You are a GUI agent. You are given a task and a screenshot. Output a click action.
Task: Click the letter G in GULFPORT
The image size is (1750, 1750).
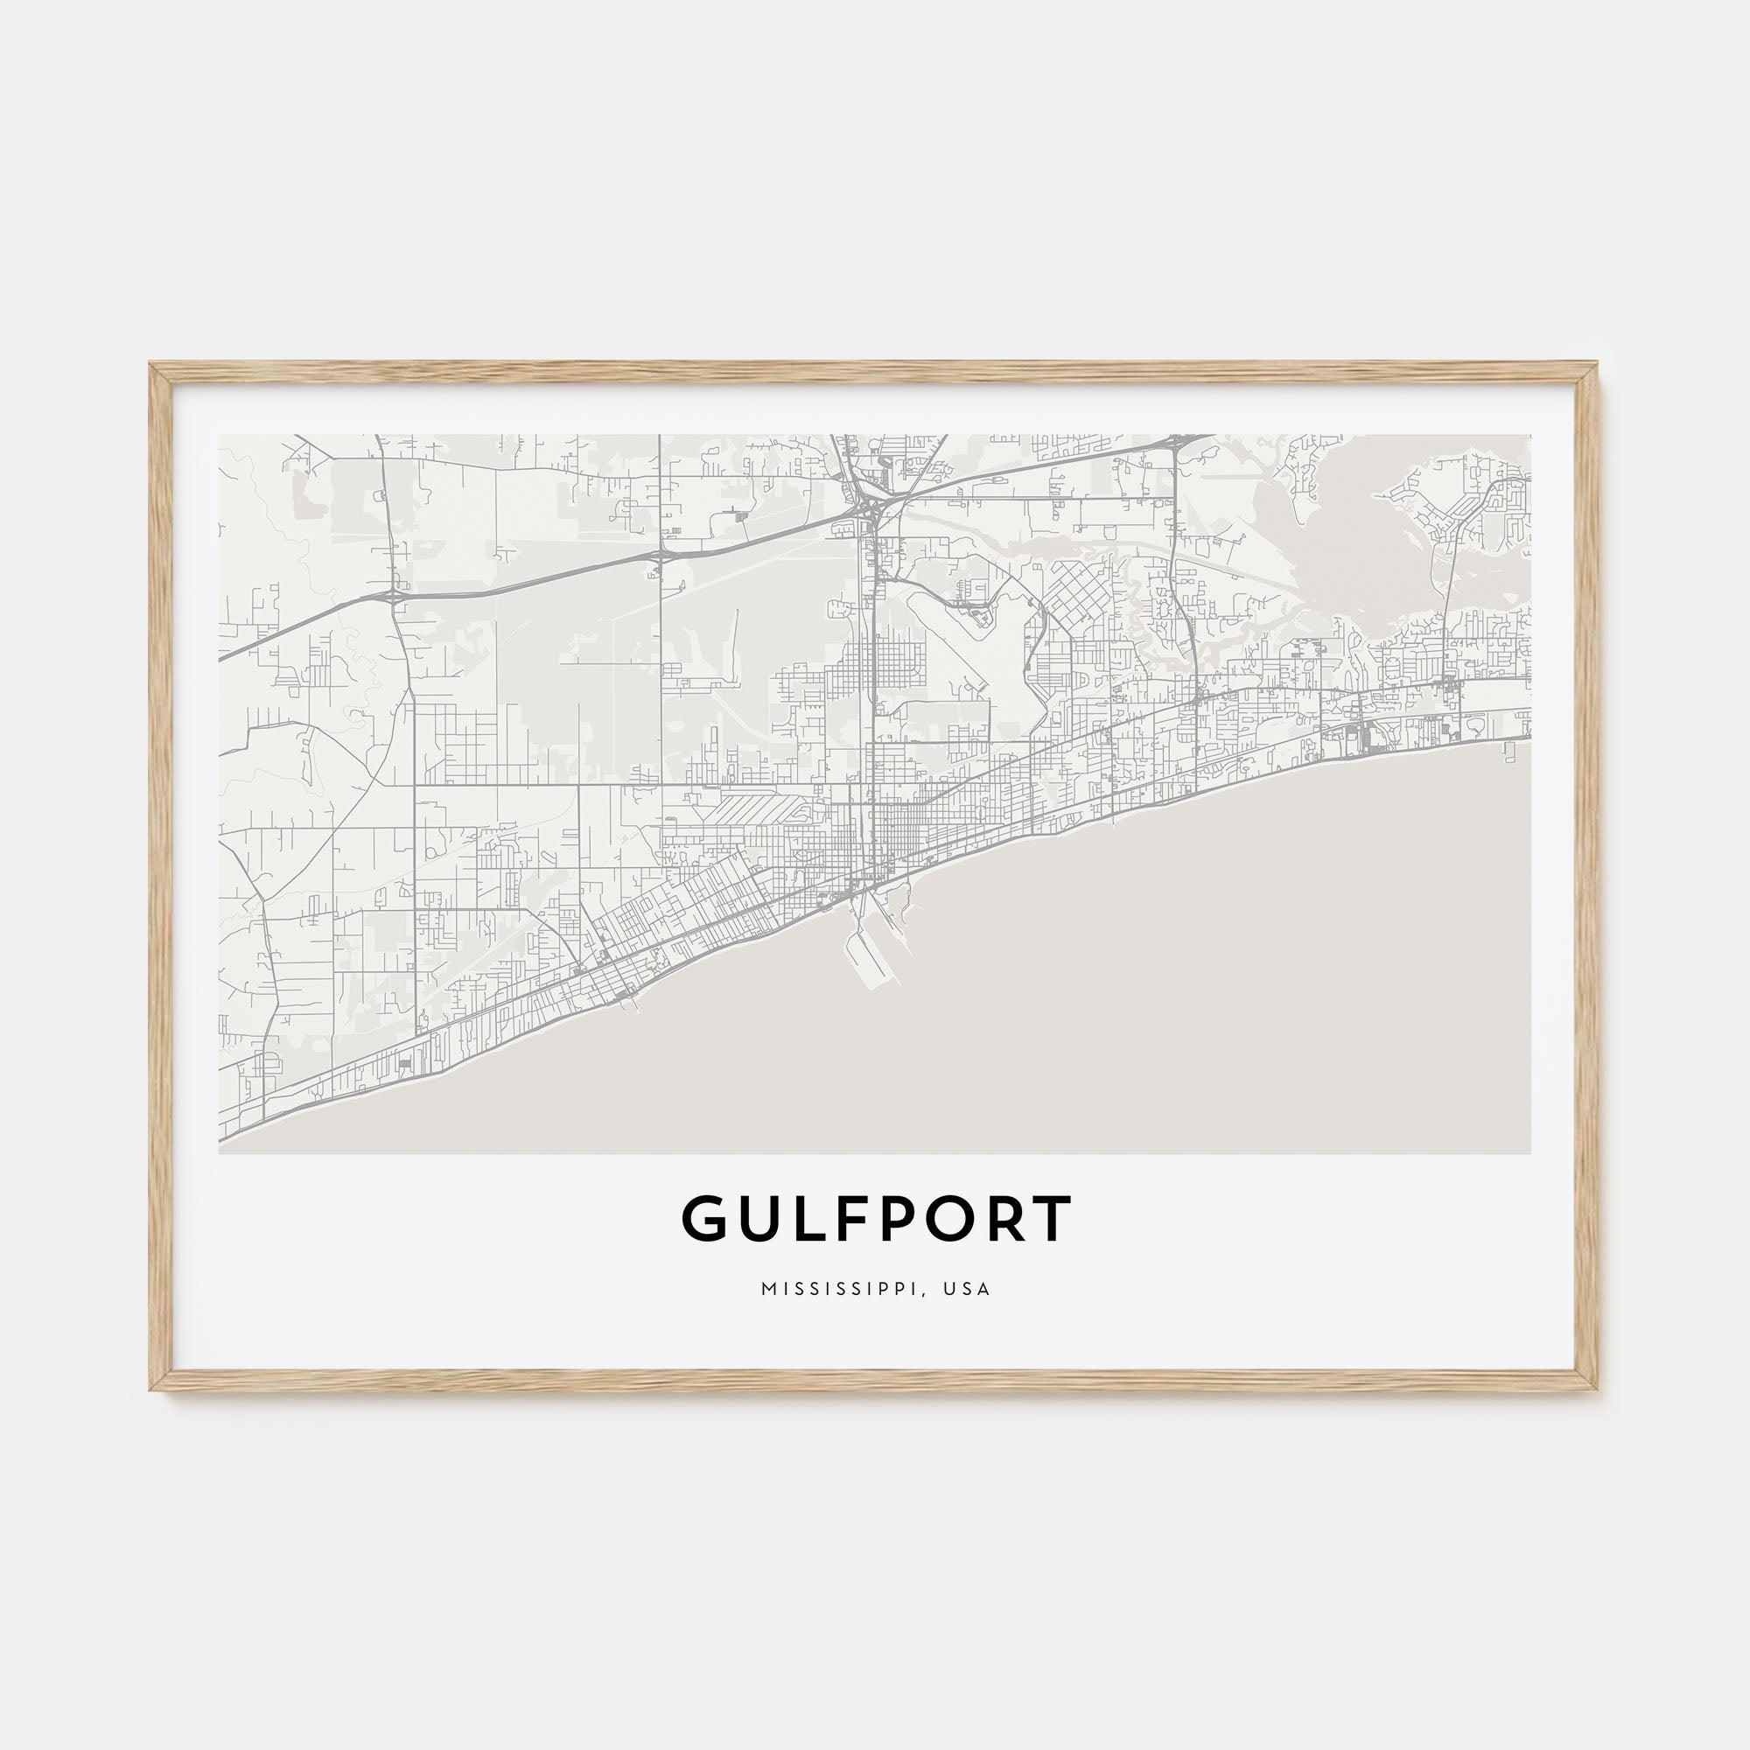click(x=704, y=1219)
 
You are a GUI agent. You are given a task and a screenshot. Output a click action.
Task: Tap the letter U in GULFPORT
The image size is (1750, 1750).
click(x=759, y=1219)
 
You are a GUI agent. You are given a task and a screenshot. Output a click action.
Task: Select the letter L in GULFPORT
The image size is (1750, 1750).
click(x=806, y=1219)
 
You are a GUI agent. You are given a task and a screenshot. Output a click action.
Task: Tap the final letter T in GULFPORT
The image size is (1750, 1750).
click(x=1053, y=1219)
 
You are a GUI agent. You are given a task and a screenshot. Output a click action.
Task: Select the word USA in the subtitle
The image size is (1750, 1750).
click(x=967, y=1289)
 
